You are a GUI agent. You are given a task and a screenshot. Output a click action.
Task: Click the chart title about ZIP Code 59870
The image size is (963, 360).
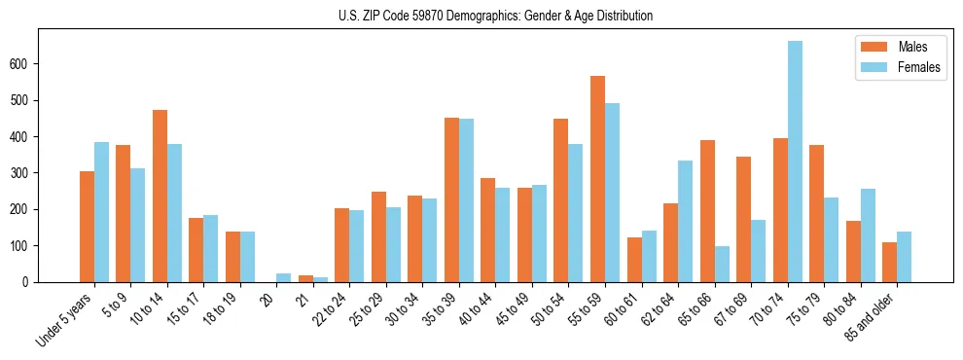481,16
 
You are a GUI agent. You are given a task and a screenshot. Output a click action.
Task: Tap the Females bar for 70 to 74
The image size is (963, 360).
795,162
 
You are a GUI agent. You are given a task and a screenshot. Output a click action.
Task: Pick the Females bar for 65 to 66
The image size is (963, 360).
722,264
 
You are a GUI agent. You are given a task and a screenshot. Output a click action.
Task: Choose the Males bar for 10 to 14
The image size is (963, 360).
160,196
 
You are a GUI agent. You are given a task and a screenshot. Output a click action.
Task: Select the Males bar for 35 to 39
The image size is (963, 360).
451,199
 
